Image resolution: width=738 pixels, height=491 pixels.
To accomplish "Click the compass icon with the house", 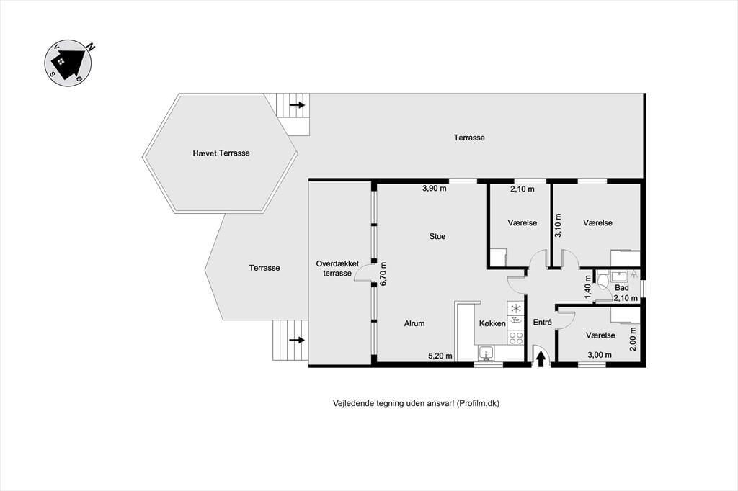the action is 68,63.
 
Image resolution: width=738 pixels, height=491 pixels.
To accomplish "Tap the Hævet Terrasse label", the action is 221,153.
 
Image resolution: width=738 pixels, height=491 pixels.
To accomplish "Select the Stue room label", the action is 437,236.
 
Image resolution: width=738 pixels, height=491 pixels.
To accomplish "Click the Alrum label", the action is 414,323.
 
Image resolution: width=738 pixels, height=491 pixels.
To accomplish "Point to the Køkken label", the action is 492,323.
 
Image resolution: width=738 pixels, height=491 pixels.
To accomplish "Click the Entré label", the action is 542,322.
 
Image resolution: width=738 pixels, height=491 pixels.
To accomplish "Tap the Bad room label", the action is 622,287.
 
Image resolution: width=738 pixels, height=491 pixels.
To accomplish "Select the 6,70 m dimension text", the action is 383,274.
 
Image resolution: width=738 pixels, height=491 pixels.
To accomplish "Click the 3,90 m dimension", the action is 434,189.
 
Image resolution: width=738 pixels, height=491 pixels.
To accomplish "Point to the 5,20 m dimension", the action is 440,356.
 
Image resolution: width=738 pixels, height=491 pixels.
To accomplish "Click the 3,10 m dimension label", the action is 559,226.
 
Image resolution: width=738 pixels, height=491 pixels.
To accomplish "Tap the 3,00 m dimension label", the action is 599,355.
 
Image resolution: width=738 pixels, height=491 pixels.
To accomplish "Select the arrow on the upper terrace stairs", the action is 297,105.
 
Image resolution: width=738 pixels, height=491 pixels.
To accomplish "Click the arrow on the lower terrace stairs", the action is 297,340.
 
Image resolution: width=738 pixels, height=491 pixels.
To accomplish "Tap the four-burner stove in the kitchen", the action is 516,338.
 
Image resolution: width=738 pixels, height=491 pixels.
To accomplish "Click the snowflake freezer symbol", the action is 516,309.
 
